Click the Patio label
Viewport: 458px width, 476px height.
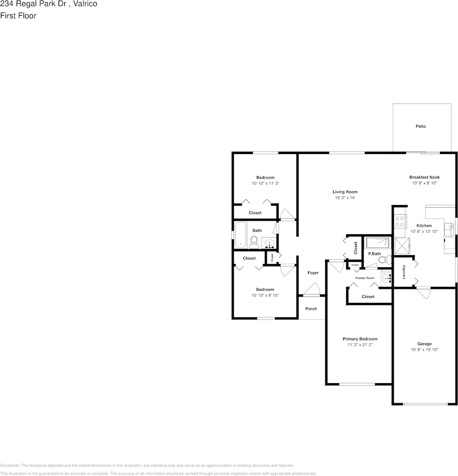pyautogui.click(x=420, y=126)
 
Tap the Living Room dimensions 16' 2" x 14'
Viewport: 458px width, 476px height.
pyautogui.click(x=345, y=198)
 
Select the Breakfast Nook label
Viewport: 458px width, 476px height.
pyautogui.click(x=424, y=177)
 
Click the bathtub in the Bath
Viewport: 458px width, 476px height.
pyautogui.click(x=240, y=235)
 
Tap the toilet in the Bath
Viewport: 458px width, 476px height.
pyautogui.click(x=254, y=242)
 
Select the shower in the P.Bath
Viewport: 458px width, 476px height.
pyautogui.click(x=378, y=243)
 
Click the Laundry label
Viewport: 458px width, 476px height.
pyautogui.click(x=404, y=272)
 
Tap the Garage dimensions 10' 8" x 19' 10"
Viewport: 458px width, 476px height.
pyautogui.click(x=424, y=350)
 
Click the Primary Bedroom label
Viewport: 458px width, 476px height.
pyautogui.click(x=360, y=339)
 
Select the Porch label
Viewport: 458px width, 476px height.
pyautogui.click(x=311, y=308)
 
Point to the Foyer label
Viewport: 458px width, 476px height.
pyautogui.click(x=313, y=273)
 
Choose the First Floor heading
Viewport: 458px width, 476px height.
pyautogui.click(x=18, y=16)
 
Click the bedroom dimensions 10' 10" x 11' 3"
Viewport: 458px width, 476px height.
pyautogui.click(x=265, y=184)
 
